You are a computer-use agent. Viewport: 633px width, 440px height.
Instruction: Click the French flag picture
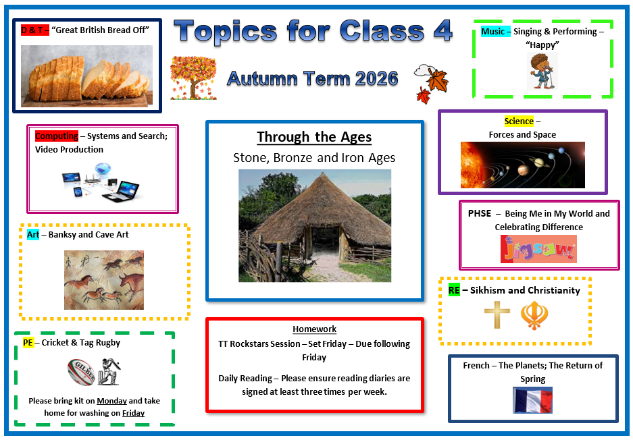click(x=532, y=400)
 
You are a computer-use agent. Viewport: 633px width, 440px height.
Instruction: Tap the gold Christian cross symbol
click(x=497, y=314)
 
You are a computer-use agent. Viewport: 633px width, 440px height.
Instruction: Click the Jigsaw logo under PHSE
click(x=538, y=249)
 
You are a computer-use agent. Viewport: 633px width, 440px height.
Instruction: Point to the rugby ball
click(x=81, y=372)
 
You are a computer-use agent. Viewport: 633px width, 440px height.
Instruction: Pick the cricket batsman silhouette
click(x=109, y=371)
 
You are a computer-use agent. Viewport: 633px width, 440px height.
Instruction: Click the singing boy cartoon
click(x=542, y=71)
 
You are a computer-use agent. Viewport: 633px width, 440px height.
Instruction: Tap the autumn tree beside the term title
click(x=193, y=78)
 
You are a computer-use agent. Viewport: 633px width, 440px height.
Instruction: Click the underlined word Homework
click(x=315, y=329)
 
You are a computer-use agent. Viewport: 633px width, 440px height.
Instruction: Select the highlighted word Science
click(x=519, y=121)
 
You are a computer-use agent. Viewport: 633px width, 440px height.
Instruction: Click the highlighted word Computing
click(x=57, y=136)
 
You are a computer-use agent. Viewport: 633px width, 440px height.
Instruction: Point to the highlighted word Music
click(x=492, y=32)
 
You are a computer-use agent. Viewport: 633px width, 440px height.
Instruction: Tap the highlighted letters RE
click(x=454, y=290)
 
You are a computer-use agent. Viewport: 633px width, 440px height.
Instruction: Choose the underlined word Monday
click(x=112, y=401)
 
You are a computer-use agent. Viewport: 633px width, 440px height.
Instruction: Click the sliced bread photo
click(x=86, y=76)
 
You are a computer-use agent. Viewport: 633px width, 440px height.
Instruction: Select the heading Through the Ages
click(x=314, y=137)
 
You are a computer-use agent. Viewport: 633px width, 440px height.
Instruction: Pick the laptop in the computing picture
click(x=120, y=192)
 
